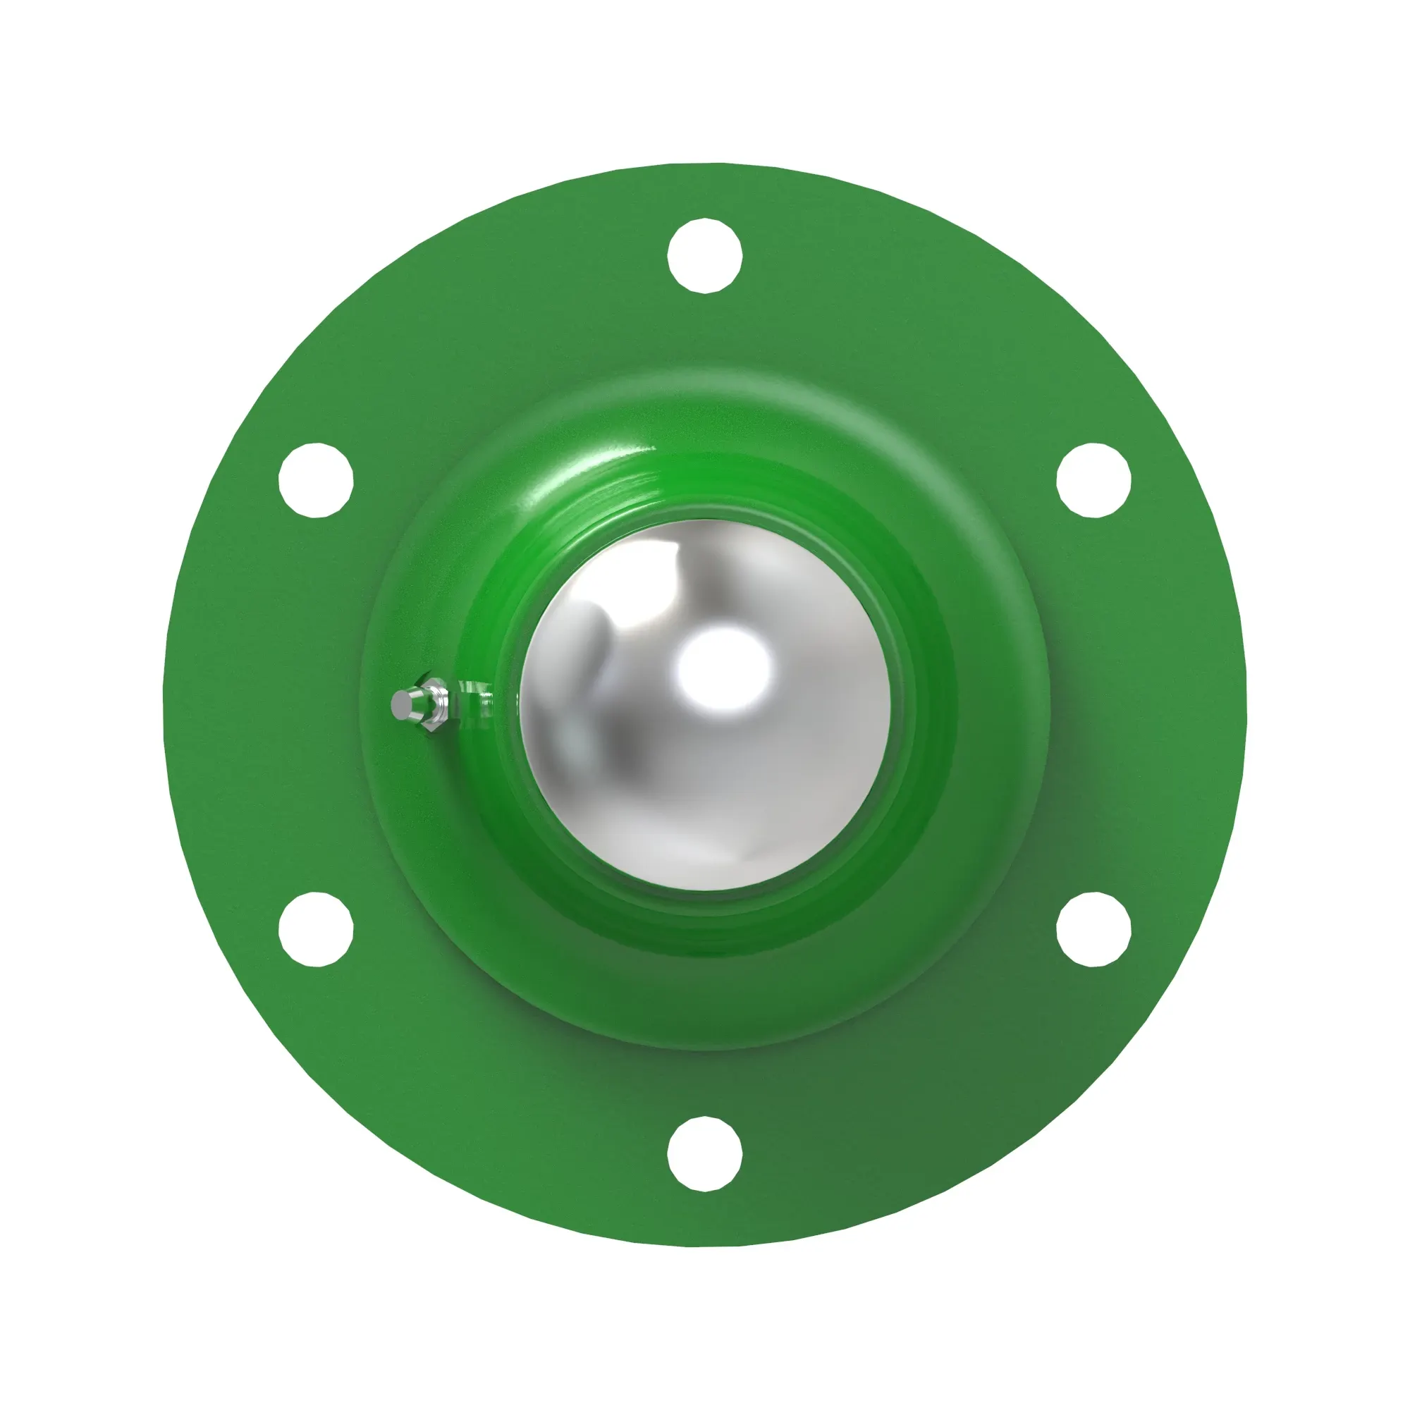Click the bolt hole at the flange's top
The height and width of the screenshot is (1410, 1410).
point(704,255)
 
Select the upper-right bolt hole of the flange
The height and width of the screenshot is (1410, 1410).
point(1093,479)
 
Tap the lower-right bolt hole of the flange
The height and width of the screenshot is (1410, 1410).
point(1093,929)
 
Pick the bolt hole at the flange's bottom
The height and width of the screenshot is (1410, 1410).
point(704,1153)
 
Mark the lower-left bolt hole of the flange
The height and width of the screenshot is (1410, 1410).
point(316,929)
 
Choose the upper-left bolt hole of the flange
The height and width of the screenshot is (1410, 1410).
point(316,479)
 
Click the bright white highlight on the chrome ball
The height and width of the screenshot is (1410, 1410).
point(723,668)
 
